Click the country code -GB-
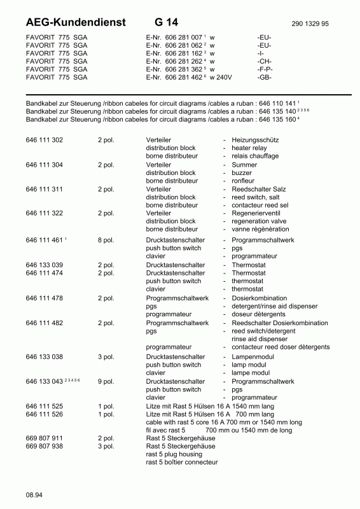(x=265, y=77)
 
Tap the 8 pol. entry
(x=106, y=240)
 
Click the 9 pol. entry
(x=106, y=381)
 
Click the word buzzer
(x=242, y=172)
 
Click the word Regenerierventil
(x=257, y=213)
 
